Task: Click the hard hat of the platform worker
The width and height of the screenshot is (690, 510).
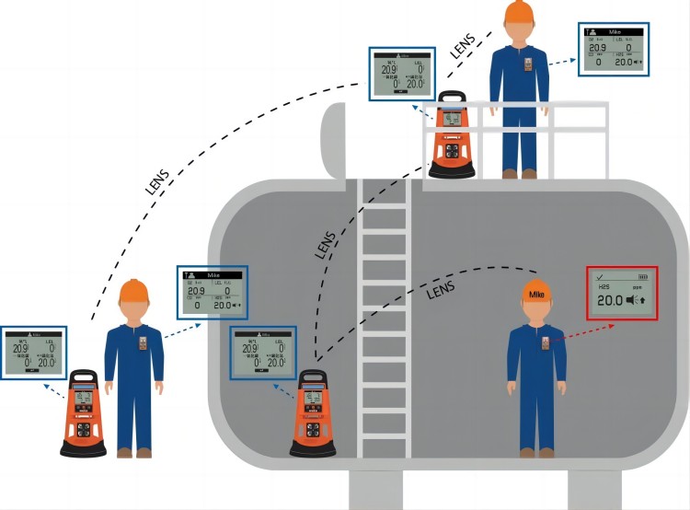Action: (519, 12)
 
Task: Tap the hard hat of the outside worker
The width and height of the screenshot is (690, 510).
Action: (134, 293)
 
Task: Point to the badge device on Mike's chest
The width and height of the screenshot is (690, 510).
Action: (546, 343)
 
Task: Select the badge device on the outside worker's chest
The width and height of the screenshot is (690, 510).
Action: (144, 344)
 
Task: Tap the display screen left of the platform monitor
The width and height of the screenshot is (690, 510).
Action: (401, 73)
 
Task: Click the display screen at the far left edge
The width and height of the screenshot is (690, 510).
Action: (33, 352)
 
